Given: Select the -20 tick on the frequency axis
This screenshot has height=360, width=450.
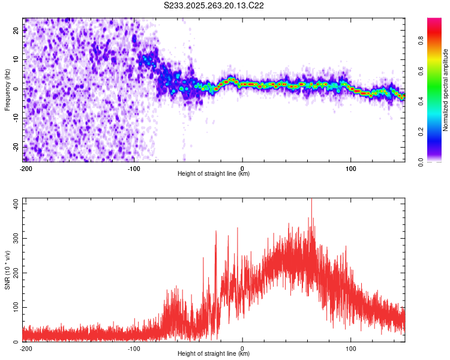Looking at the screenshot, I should [16, 147].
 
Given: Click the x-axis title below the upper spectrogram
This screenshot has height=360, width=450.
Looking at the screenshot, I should [214, 174].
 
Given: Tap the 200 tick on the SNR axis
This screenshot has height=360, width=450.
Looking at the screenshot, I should [15, 273].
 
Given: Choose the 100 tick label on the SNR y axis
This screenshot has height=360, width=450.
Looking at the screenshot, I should [15, 308].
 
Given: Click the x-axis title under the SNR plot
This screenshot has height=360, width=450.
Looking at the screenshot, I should [214, 354].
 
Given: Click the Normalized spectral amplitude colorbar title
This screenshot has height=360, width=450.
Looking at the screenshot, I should [446, 90].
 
